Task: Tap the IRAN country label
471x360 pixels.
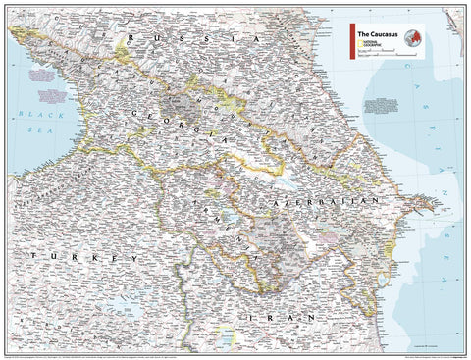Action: coord(284,318)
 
